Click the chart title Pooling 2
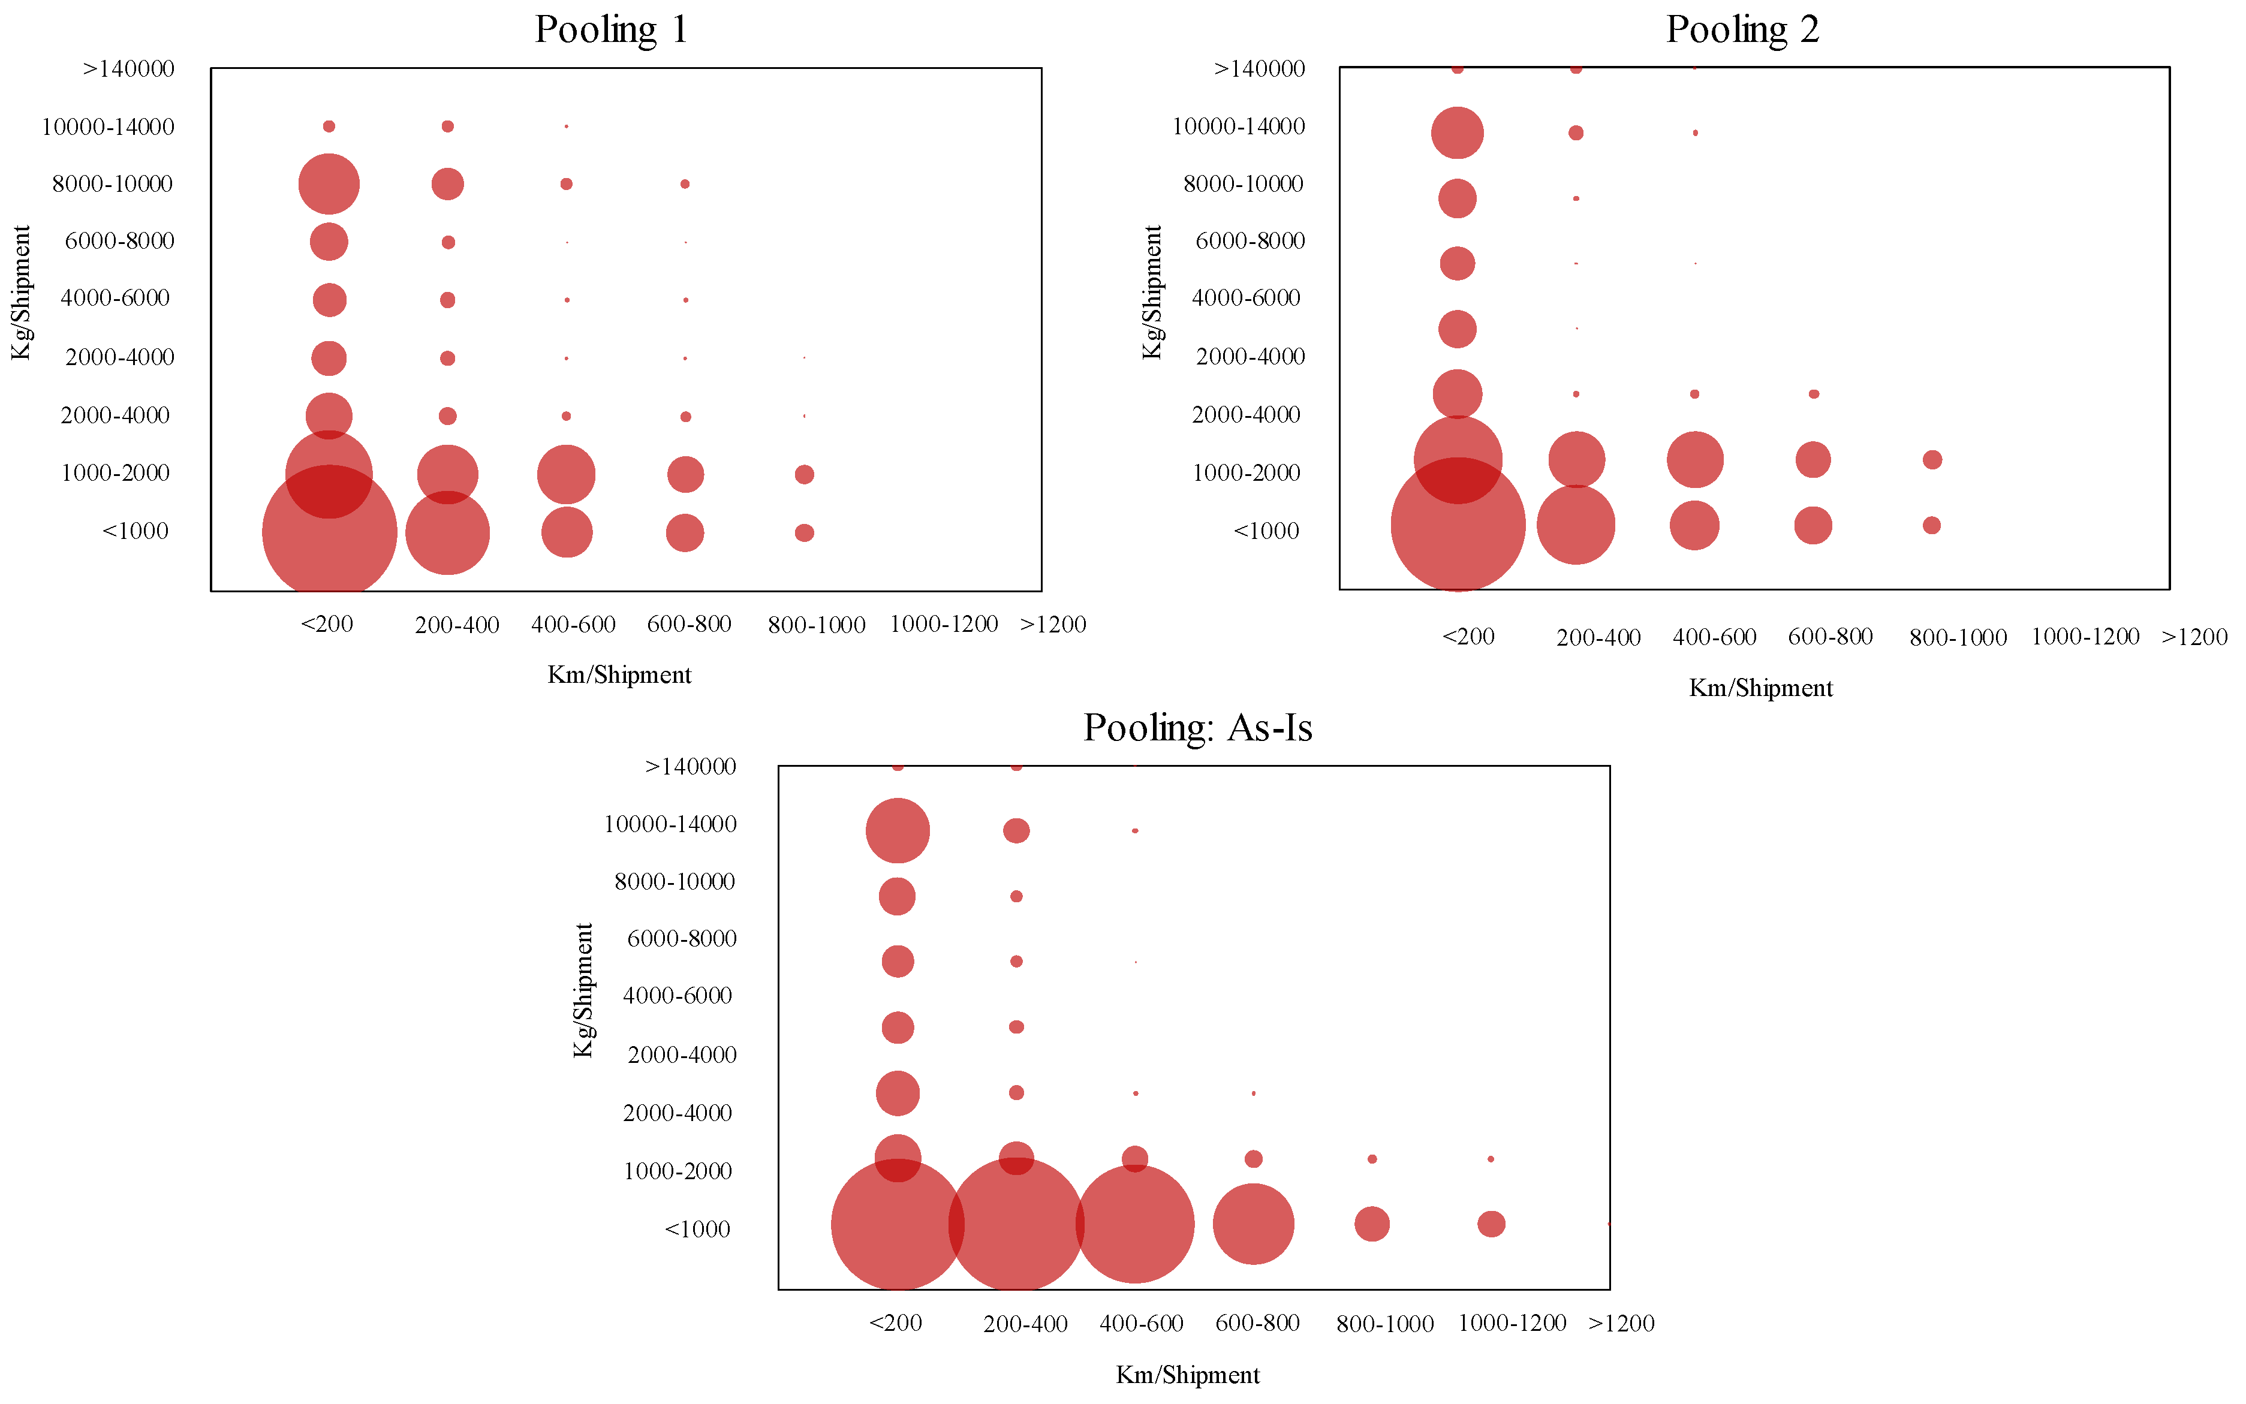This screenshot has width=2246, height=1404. pyautogui.click(x=1742, y=30)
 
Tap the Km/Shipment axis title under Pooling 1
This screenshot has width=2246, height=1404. pyautogui.click(x=619, y=675)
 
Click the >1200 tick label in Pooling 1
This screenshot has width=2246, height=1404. pyautogui.click(x=1053, y=625)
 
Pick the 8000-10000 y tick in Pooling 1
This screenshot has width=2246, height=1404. pyautogui.click(x=112, y=184)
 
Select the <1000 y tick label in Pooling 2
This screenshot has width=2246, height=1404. pyautogui.click(x=1266, y=531)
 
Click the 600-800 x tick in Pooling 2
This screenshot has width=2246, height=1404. pyautogui.click(x=1830, y=637)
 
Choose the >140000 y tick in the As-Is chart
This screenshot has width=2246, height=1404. pyautogui.click(x=690, y=767)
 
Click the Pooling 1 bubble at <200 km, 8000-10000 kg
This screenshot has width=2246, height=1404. pyautogui.click(x=329, y=184)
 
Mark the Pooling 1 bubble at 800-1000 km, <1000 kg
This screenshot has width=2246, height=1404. pyautogui.click(x=804, y=533)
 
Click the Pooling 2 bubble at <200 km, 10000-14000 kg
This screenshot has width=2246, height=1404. pyautogui.click(x=1457, y=132)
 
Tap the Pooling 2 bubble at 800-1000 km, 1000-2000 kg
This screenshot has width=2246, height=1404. pyautogui.click(x=1932, y=460)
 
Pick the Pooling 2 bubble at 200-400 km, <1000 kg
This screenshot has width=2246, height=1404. pyautogui.click(x=1576, y=525)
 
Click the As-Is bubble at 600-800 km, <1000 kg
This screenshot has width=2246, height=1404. pyautogui.click(x=1254, y=1224)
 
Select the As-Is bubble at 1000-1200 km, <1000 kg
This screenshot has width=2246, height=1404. pyautogui.click(x=1491, y=1224)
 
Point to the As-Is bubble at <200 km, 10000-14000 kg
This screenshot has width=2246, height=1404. pyautogui.click(x=897, y=830)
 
